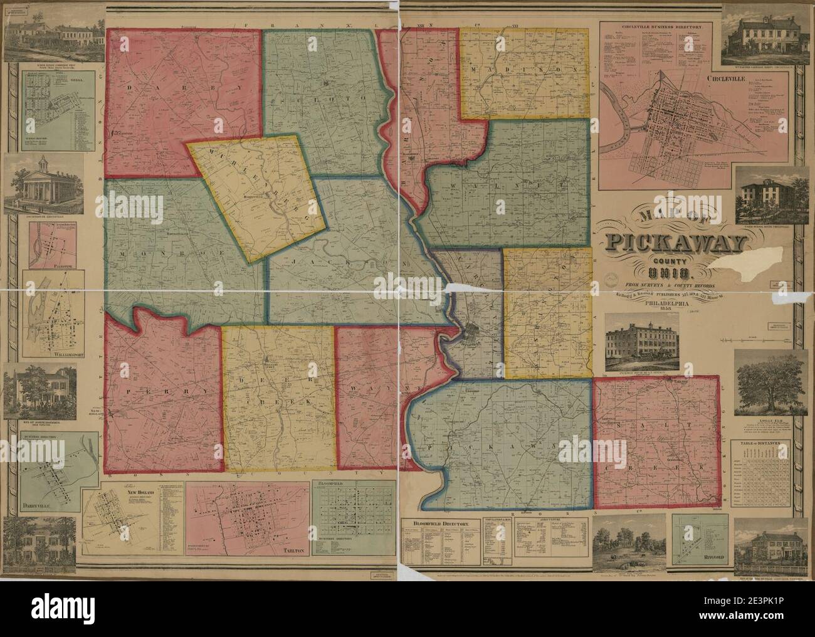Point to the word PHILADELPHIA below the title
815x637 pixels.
click(667, 302)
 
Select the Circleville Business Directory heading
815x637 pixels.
click(656, 28)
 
